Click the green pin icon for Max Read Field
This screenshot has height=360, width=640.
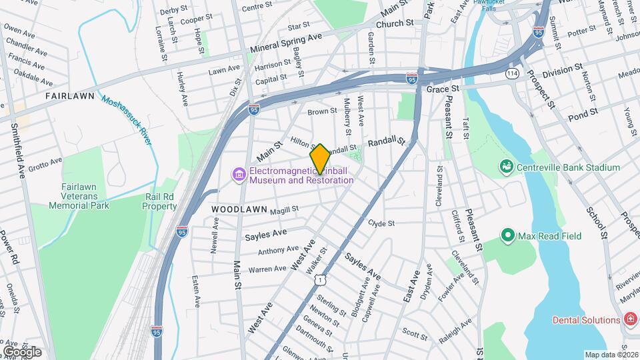508,235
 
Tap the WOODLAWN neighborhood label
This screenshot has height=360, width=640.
239,209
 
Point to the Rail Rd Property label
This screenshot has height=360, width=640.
159,202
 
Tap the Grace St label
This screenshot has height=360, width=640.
443,89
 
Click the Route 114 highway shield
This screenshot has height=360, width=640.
512,73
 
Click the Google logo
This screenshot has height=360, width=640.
21,351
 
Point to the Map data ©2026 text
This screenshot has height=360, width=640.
610,355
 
